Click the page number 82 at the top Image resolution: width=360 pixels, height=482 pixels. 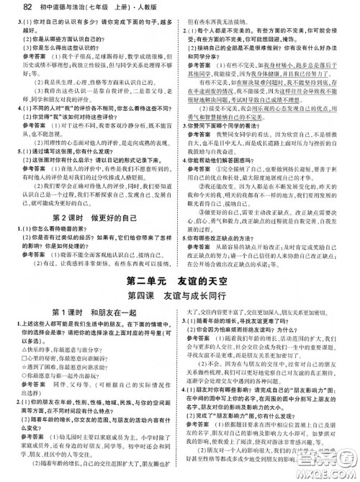11,8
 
